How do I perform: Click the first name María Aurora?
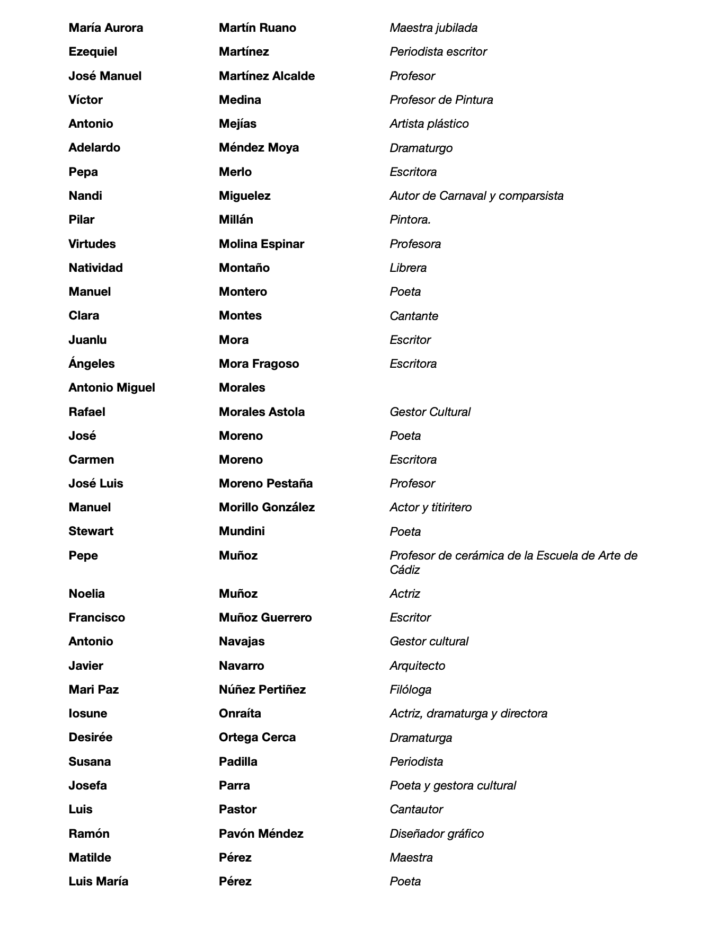[x=105, y=28]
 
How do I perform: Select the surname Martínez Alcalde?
[x=267, y=76]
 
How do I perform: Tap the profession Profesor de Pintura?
[x=441, y=100]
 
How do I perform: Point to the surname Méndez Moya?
[x=259, y=147]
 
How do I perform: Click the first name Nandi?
[x=85, y=196]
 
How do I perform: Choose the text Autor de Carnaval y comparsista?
[x=476, y=196]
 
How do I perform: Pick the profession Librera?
[x=408, y=268]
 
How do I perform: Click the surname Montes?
[x=240, y=315]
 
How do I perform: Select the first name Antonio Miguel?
[x=112, y=387]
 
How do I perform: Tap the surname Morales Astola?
[x=262, y=412]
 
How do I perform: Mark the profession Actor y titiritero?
[x=430, y=507]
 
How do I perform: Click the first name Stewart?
[x=91, y=531]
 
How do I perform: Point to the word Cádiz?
[x=405, y=570]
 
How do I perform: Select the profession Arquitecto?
[x=417, y=666]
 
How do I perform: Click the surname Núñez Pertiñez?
[x=262, y=689]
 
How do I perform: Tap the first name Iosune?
[x=87, y=713]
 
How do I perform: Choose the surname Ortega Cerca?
[x=257, y=737]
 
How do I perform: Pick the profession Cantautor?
[x=416, y=809]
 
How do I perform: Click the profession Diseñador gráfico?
[x=437, y=833]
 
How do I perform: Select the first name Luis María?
[x=98, y=881]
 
